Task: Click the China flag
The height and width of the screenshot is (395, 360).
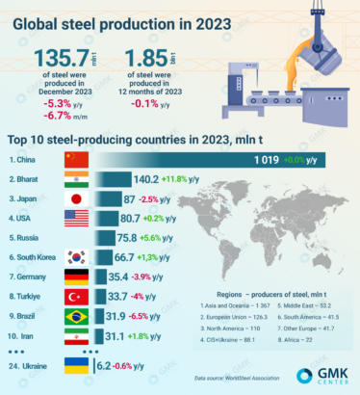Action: pos(78,159)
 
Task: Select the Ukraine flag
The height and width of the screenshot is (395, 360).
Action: pos(78,366)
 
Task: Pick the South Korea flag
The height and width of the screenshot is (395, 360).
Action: pos(78,257)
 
